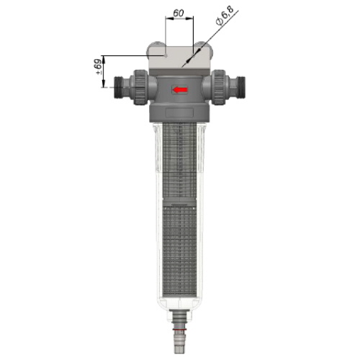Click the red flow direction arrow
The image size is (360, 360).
[180, 90]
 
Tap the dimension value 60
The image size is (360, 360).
[179, 13]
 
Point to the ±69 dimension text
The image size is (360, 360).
[99, 67]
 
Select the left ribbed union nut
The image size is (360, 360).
[140, 87]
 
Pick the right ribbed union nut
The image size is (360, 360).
[218, 87]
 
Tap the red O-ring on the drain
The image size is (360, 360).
[180, 330]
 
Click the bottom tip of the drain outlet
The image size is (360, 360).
[180, 353]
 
